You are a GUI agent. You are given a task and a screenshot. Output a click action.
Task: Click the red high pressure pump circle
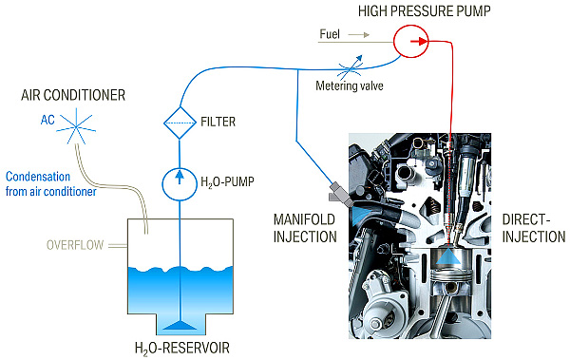(411, 26)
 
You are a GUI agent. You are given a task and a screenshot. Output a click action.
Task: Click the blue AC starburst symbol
(76, 126)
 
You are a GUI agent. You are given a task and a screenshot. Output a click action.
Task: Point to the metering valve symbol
(351, 67)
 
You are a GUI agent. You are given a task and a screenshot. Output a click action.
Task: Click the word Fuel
(330, 34)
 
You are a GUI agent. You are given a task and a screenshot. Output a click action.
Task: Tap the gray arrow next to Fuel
(359, 35)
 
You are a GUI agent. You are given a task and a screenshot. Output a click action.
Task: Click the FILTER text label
(218, 122)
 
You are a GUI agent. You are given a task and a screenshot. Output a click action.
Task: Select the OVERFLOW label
(75, 245)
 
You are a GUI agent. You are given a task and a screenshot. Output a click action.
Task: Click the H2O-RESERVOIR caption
(182, 348)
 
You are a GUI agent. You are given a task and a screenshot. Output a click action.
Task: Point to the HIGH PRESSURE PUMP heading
(425, 11)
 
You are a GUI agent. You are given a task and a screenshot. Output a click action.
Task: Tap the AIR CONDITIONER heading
(73, 95)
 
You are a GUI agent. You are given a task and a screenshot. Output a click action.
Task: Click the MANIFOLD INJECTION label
(305, 228)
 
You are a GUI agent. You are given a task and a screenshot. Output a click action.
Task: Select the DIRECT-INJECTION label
(534, 228)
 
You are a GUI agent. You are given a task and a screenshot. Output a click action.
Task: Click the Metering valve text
(350, 85)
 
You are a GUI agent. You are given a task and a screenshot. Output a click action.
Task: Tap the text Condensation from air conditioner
(51, 184)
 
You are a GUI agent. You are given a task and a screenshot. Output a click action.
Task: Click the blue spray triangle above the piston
(447, 256)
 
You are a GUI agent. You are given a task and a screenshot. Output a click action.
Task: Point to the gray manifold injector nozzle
(341, 194)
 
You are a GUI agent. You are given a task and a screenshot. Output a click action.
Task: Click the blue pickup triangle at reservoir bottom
(180, 326)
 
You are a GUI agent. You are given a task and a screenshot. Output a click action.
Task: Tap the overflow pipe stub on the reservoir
(118, 246)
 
